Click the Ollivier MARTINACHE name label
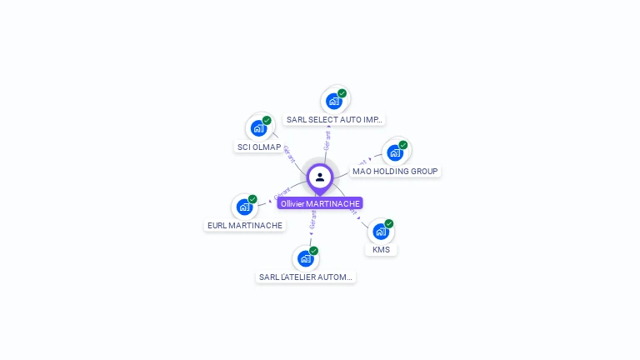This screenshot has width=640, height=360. click(320, 203)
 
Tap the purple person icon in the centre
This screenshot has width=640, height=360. click(320, 177)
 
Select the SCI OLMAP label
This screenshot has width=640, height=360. click(259, 147)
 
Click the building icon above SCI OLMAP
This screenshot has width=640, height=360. click(258, 128)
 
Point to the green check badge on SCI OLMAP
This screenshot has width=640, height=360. click(267, 120)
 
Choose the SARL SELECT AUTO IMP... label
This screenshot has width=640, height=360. click(334, 119)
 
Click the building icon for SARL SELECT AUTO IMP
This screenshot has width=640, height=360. click(333, 102)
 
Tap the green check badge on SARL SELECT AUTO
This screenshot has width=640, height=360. click(342, 93)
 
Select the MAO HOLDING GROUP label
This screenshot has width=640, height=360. click(395, 171)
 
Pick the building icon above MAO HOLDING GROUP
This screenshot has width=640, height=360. click(394, 153)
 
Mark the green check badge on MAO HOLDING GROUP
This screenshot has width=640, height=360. click(402, 145)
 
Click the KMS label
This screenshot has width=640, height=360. click(381, 249)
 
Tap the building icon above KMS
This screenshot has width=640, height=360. click(380, 232)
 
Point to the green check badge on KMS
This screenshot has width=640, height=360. click(388, 223)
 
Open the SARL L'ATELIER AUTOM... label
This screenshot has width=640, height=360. click(306, 277)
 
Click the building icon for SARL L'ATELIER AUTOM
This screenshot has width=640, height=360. click(305, 259)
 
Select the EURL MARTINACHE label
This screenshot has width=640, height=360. click(245, 225)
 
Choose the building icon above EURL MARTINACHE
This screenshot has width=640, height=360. click(244, 207)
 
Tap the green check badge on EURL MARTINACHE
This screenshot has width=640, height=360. click(252, 199)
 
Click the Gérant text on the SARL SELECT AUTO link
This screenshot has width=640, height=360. click(327, 140)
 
